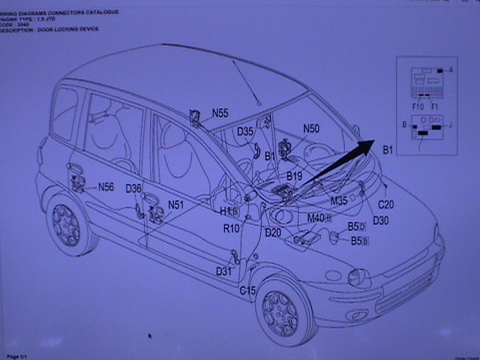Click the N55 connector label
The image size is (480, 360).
point(220,113)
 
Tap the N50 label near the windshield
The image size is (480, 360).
point(311,129)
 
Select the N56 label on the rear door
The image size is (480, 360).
point(106,187)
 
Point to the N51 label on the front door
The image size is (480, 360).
point(175,204)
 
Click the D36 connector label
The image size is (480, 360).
point(133,188)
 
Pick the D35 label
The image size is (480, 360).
point(245,132)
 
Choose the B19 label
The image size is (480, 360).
point(294,176)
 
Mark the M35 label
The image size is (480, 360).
point(339,201)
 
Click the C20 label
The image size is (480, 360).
point(386,204)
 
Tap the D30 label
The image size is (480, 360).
point(380,220)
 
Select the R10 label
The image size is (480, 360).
point(231,228)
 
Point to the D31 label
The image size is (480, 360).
point(223,271)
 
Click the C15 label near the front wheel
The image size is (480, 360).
point(247,290)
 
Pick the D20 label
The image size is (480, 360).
point(273,232)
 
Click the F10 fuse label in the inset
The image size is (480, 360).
point(418,106)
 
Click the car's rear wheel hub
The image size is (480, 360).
point(66,224)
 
